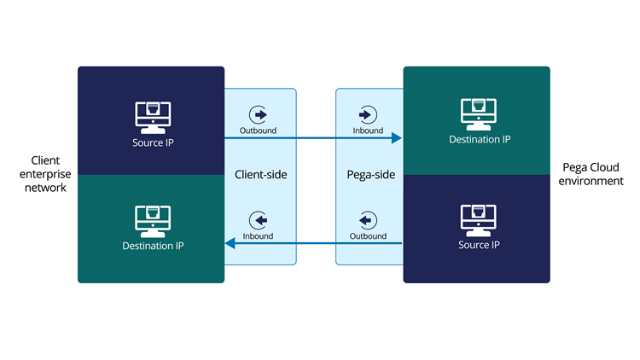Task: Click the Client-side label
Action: click(260, 174)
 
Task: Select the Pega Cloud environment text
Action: click(593, 174)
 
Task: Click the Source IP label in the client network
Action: click(153, 142)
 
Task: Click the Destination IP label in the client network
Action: click(153, 246)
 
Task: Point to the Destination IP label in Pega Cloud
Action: click(480, 139)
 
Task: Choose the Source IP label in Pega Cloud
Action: click(480, 245)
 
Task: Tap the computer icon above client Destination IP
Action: click(153, 219)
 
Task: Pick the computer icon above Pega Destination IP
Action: click(480, 113)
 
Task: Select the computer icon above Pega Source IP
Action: click(480, 218)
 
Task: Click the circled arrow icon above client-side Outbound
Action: click(258, 113)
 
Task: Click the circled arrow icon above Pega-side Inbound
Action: click(368, 113)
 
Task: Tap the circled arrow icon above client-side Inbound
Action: click(258, 219)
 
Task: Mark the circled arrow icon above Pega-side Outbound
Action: click(368, 219)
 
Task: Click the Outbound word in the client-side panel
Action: click(258, 131)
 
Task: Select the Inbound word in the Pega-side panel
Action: click(368, 131)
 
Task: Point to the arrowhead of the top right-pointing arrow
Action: click(397, 137)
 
